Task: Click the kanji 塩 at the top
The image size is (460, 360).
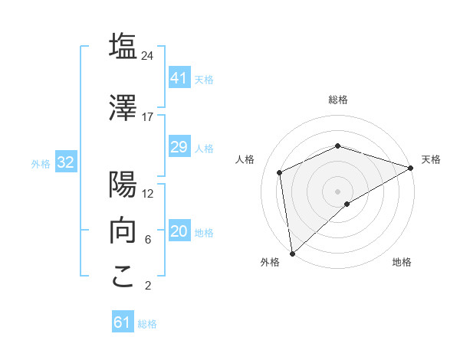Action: (123, 46)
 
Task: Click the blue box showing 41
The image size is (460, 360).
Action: (179, 78)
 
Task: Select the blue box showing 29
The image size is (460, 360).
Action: (179, 147)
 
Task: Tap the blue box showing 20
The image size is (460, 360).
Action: (179, 232)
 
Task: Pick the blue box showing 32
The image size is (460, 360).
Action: (65, 162)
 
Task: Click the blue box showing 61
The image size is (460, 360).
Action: (123, 322)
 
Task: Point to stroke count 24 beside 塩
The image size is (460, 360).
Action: (148, 56)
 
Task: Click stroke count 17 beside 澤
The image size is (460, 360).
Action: (148, 117)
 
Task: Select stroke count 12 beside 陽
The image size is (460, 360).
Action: (148, 194)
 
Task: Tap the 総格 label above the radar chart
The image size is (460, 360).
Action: (338, 100)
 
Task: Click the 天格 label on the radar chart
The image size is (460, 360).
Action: (431, 159)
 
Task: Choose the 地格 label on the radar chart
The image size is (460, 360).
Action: (402, 263)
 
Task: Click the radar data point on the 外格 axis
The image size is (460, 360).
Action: (292, 254)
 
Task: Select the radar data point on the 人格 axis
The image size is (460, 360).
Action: (280, 172)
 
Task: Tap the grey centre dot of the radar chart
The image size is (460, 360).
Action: (338, 191)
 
